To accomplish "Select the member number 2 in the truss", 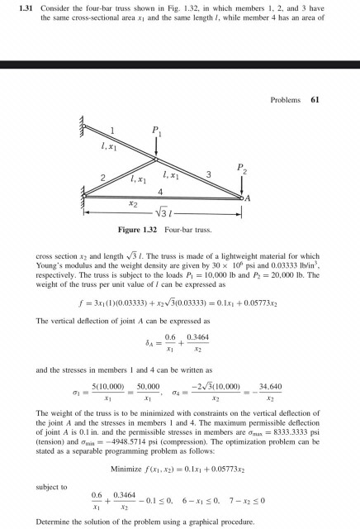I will coord(103,178).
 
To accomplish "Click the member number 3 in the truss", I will coord(207,174).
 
